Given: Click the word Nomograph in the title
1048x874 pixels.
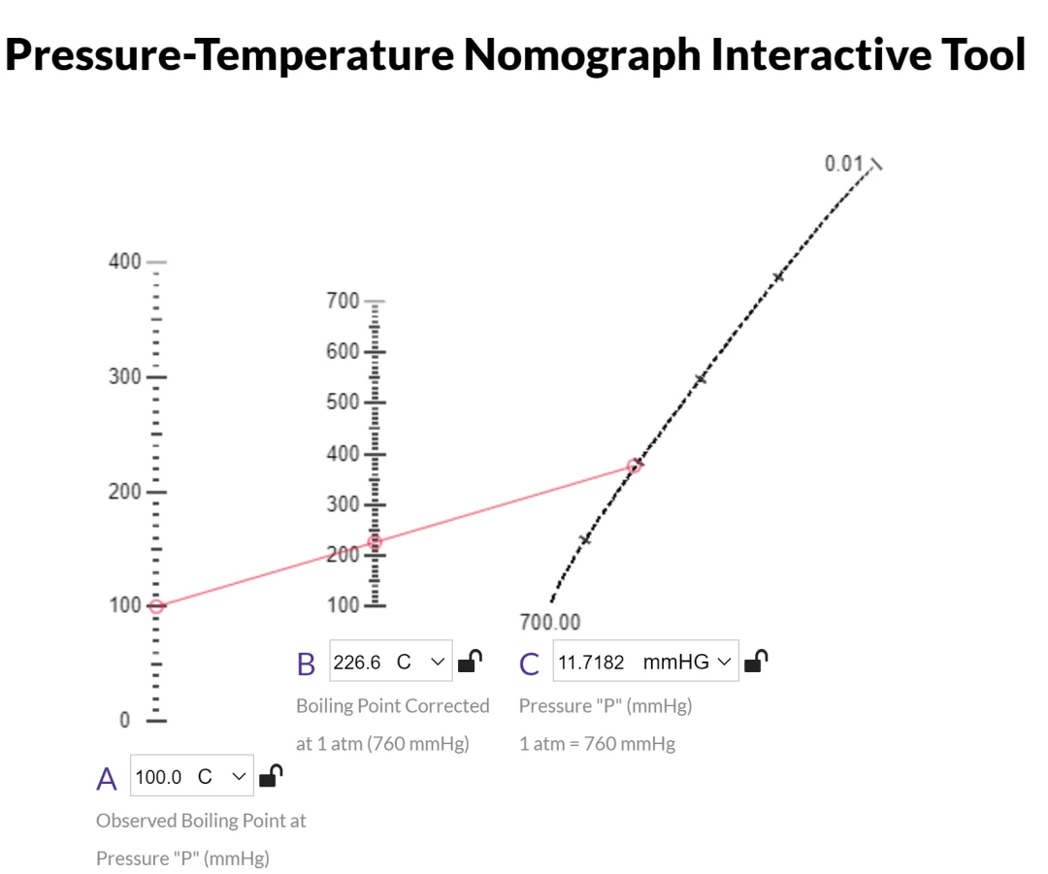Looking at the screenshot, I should tap(580, 54).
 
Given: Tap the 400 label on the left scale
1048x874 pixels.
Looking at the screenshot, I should tap(123, 262).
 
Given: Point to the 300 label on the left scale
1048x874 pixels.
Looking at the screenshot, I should tap(123, 376).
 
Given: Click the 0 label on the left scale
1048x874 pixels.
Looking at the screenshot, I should tap(124, 720).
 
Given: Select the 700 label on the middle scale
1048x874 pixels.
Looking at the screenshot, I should tap(343, 300).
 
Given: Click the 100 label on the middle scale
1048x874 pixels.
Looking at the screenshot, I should tap(343, 605).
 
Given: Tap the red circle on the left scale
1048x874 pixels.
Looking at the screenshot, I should tap(157, 606).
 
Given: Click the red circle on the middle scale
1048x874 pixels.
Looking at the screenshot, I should tap(375, 542).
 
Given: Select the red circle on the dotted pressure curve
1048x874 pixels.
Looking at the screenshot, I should tap(635, 467).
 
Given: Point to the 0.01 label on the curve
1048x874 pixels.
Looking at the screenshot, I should tap(843, 163).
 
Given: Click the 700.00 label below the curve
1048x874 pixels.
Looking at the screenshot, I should tap(550, 622).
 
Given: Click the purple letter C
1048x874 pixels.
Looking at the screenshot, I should tap(530, 664).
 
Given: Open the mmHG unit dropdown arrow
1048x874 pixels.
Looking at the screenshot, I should tap(723, 663).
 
